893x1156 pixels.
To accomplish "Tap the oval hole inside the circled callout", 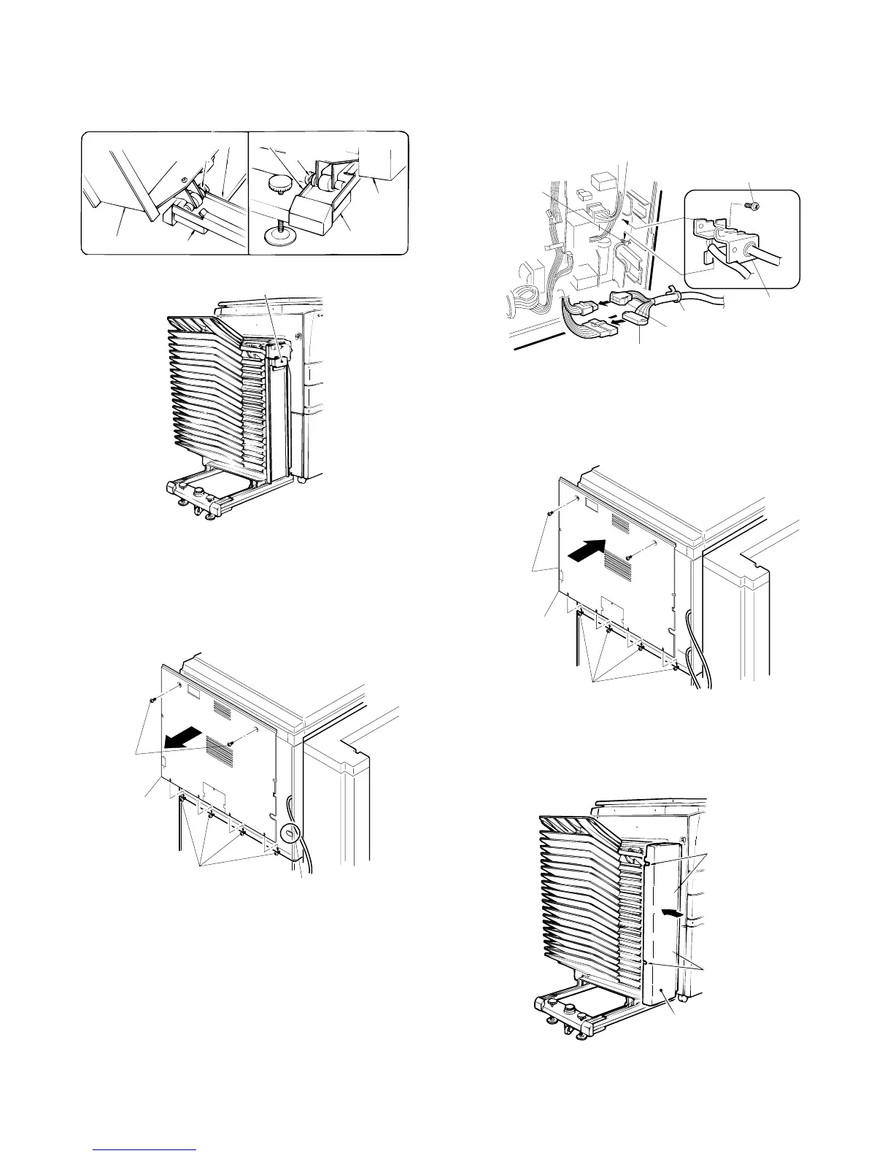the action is [x=289, y=831].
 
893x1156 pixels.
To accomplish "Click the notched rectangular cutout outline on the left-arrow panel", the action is [x=212, y=791].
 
